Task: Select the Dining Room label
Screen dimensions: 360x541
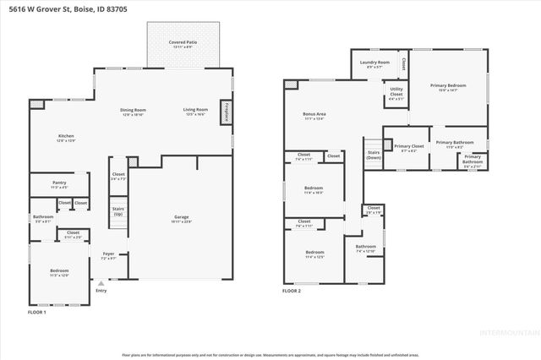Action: pyautogui.click(x=134, y=110)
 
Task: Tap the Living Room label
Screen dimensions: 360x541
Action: pyautogui.click(x=196, y=110)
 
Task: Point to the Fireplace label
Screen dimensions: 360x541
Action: pyautogui.click(x=227, y=112)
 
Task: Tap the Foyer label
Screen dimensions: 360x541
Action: pyautogui.click(x=108, y=254)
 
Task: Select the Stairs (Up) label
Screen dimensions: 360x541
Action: pyautogui.click(x=118, y=212)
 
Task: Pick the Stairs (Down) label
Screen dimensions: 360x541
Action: pyautogui.click(x=373, y=155)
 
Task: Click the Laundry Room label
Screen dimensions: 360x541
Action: pyautogui.click(x=374, y=63)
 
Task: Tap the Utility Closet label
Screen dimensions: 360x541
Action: pyautogui.click(x=396, y=92)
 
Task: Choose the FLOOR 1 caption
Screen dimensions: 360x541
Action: pyautogui.click(x=37, y=313)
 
